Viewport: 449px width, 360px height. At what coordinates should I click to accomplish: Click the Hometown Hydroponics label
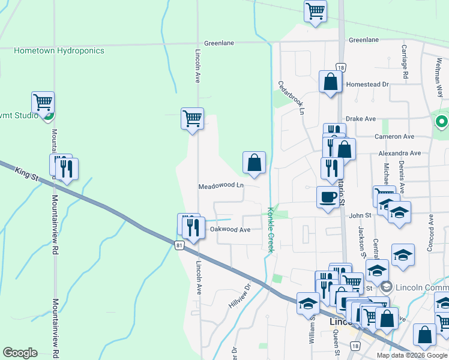(x=59, y=50)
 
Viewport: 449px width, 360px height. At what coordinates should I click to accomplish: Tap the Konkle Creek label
(x=270, y=230)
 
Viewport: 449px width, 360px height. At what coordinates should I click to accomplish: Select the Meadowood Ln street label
(x=221, y=186)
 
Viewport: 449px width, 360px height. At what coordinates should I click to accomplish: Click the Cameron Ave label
(x=394, y=137)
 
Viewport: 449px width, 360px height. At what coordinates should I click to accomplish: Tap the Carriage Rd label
(x=405, y=62)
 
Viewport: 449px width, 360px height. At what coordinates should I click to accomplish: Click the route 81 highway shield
(x=179, y=245)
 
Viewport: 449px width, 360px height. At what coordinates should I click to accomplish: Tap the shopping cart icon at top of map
(x=315, y=11)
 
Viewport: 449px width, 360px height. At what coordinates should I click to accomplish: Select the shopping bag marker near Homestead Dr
(x=331, y=82)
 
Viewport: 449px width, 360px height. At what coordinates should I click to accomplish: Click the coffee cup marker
(x=328, y=197)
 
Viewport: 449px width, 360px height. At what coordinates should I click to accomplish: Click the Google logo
(x=20, y=353)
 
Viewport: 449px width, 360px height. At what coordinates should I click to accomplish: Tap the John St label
(x=361, y=215)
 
